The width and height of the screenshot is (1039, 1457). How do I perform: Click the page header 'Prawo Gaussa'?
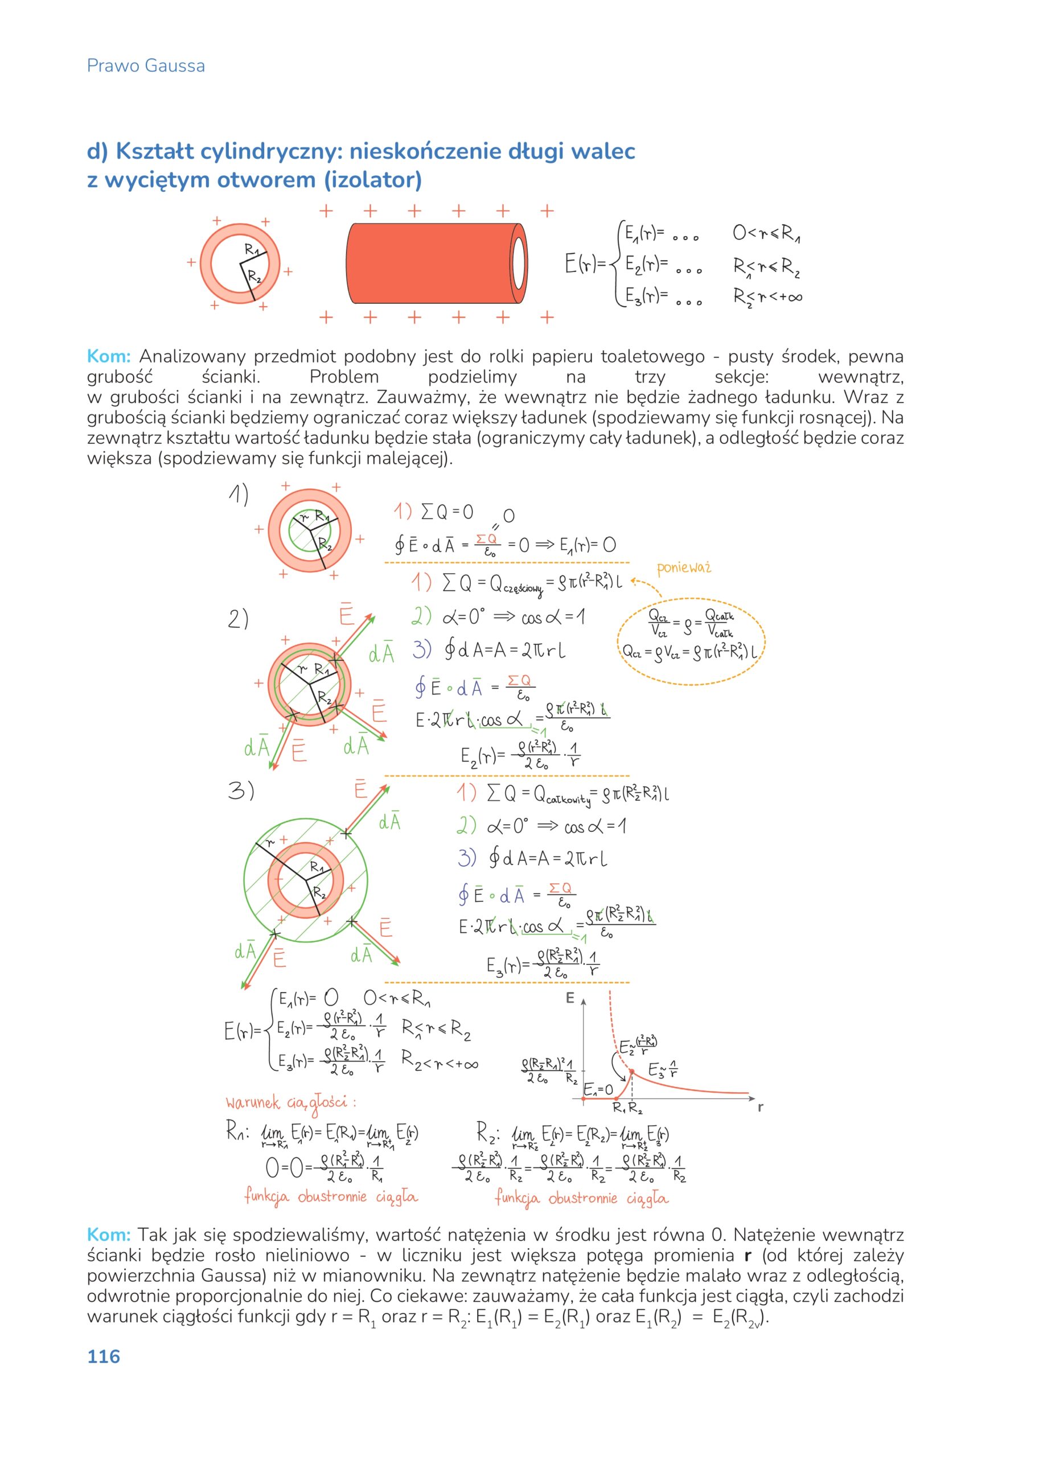coord(145,66)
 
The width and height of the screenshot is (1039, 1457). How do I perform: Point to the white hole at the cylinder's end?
coord(518,264)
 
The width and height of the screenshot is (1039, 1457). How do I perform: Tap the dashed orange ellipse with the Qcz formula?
coord(691,641)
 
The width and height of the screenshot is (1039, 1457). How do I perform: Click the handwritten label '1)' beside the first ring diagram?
coord(238,495)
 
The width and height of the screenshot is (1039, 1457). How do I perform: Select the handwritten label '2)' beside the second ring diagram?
coord(238,619)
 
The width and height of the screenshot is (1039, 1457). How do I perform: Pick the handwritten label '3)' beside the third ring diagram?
coord(241,791)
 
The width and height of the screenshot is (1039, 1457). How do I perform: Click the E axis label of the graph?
coord(569,998)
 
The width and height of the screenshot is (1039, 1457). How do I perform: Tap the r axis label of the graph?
coord(760,1106)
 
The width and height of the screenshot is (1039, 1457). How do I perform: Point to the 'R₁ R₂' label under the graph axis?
coord(627,1107)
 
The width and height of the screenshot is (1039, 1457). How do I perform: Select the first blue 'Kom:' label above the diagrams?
coord(108,356)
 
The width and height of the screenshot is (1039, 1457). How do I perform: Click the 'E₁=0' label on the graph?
coord(598,1089)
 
